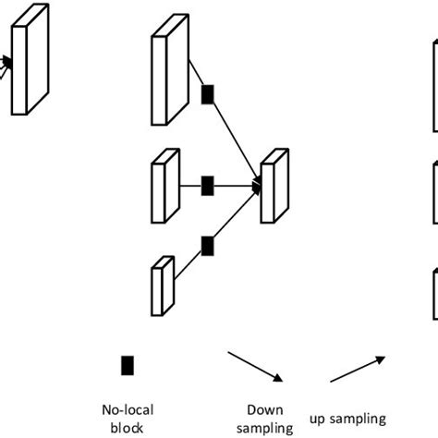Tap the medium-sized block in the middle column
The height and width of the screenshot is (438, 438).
pyautogui.click(x=165, y=187)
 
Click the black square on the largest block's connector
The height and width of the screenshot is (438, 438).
pyautogui.click(x=208, y=93)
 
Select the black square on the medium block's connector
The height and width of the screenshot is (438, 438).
pyautogui.click(x=208, y=187)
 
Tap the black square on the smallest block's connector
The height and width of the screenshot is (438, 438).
pyautogui.click(x=208, y=245)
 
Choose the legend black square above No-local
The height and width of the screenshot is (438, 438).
pyautogui.click(x=127, y=365)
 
